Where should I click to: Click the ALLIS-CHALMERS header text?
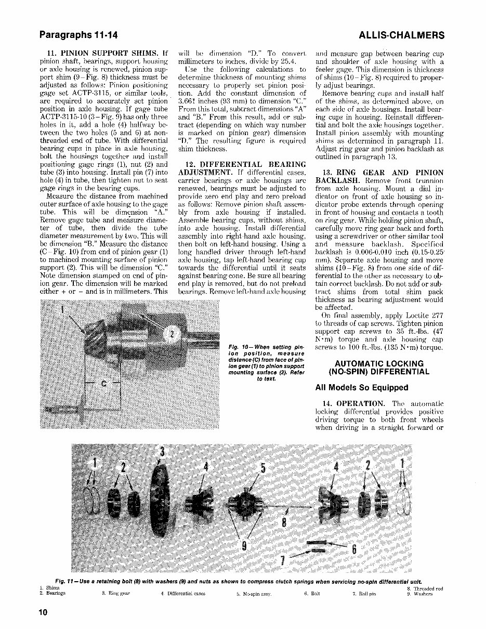[401, 35]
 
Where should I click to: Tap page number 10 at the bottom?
[43, 612]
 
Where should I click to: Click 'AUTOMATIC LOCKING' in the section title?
[379, 363]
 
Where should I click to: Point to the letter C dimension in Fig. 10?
[103, 384]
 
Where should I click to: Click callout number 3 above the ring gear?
[161, 452]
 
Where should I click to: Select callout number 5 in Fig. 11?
[262, 468]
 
